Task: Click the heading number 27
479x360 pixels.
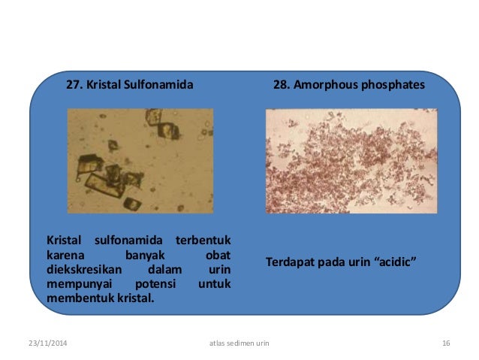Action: point(75,86)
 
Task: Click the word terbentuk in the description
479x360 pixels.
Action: point(203,241)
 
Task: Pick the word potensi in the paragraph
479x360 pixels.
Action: point(153,283)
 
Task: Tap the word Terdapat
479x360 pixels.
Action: point(291,262)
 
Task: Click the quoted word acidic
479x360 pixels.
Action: point(394,262)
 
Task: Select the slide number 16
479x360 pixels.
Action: point(446,343)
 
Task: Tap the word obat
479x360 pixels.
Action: point(218,255)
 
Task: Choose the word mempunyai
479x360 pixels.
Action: point(76,283)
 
